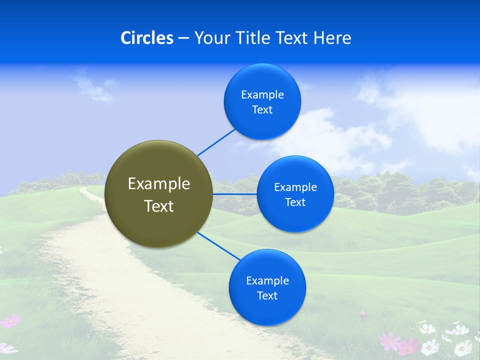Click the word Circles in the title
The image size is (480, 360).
click(146, 38)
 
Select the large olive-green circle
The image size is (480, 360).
click(159, 194)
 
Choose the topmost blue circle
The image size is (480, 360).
click(262, 102)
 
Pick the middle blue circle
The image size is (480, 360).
click(295, 194)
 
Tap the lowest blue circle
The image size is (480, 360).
click(267, 287)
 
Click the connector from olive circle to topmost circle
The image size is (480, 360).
click(216, 142)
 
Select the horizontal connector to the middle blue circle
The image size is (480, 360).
click(234, 194)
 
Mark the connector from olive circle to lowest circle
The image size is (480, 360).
click(218, 246)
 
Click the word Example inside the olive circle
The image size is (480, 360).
click(159, 183)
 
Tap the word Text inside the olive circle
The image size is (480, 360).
click(159, 206)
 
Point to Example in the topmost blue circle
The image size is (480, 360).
click(262, 95)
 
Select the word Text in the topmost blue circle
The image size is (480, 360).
click(262, 110)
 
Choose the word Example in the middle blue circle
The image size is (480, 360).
click(295, 187)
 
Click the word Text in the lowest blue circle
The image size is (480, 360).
click(267, 295)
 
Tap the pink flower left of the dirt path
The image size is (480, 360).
click(10, 321)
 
